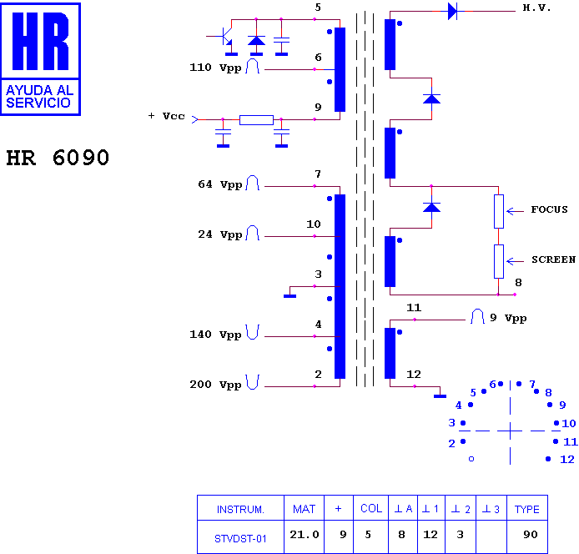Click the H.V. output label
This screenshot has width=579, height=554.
[536, 8]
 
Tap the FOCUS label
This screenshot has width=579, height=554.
[549, 209]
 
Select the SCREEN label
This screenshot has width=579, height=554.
[553, 259]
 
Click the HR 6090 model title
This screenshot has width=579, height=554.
[58, 158]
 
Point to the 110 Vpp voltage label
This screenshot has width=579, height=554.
[215, 68]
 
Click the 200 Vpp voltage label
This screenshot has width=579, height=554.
[215, 385]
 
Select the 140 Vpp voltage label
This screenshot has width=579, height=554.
[215, 335]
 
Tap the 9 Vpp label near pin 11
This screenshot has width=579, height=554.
[508, 318]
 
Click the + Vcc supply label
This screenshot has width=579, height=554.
[166, 116]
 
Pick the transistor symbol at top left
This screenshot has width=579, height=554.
[225, 36]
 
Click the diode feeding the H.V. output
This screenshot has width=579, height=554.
[452, 11]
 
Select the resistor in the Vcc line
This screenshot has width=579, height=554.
[256, 119]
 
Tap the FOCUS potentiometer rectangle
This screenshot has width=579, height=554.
[499, 211]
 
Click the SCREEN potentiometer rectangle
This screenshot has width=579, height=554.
[499, 261]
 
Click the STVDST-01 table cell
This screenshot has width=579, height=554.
[240, 539]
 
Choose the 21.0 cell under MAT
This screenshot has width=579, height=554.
[305, 535]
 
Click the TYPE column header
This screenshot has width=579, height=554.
[527, 509]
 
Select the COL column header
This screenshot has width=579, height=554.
[371, 509]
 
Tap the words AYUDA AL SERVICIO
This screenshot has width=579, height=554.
[40, 97]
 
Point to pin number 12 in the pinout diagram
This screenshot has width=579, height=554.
[567, 460]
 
